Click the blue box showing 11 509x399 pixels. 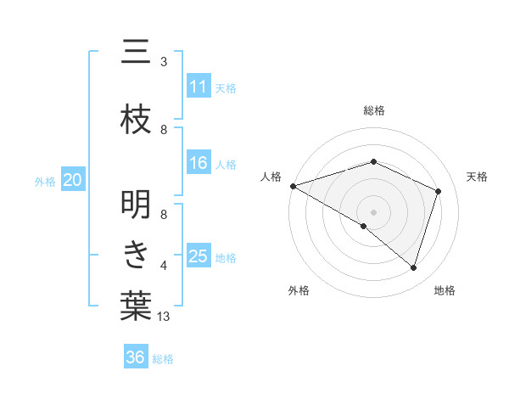(199, 87)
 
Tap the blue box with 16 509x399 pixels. (199, 163)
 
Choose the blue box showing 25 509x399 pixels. (199, 256)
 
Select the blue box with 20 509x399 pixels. (73, 180)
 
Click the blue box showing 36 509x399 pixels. (136, 357)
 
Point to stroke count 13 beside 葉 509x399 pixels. (165, 317)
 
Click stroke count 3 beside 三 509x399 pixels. (164, 62)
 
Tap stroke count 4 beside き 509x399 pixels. (164, 266)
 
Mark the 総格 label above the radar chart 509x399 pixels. (374, 110)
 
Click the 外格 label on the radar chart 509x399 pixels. (299, 290)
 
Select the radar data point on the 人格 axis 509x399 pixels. (293, 186)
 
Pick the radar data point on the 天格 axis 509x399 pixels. (439, 191)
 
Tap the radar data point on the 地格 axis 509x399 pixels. (414, 268)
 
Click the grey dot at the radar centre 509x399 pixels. (374, 211)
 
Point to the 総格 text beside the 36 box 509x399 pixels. (163, 359)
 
